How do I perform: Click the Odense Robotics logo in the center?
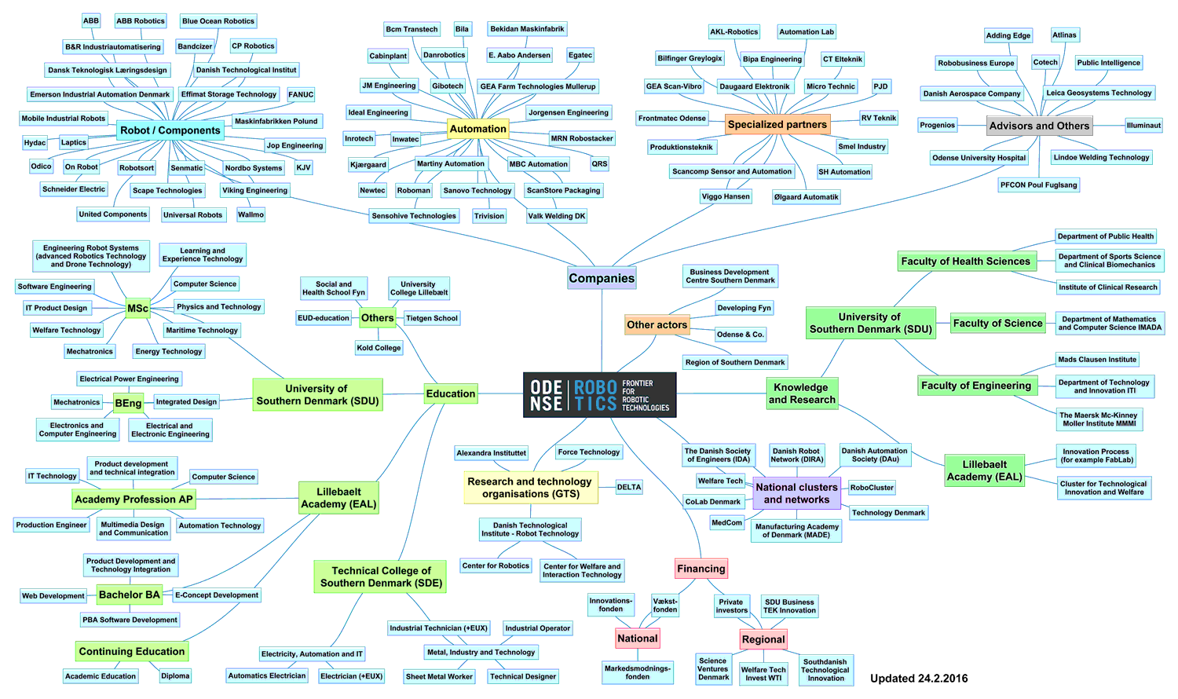(599, 395)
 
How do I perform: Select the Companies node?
(602, 278)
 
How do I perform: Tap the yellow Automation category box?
(477, 129)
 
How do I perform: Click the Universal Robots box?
(192, 215)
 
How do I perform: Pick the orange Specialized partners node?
(777, 124)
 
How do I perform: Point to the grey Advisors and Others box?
(1039, 126)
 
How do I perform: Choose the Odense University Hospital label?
(979, 158)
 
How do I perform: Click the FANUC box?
(301, 95)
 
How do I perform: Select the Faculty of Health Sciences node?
(965, 262)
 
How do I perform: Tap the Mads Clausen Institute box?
(1096, 360)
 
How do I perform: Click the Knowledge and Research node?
(802, 393)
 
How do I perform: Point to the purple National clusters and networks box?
(796, 493)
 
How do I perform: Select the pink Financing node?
(701, 569)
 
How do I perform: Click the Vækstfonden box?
(664, 605)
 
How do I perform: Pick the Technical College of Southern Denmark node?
(381, 577)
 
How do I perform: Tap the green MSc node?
(137, 309)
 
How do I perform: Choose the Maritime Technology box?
(202, 331)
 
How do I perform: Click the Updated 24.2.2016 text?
(919, 679)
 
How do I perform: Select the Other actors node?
(657, 324)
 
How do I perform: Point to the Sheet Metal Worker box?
(439, 676)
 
